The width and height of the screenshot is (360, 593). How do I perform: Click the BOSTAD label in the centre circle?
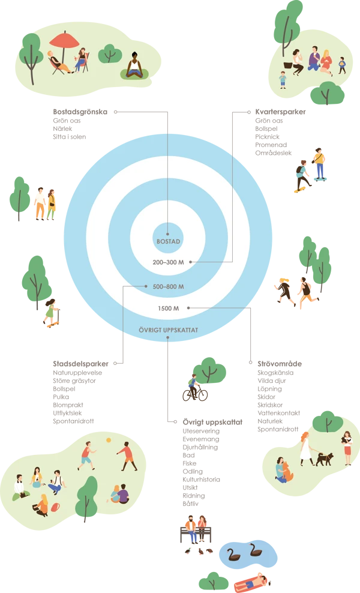(x=168, y=241)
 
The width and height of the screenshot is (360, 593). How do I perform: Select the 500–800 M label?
(x=168, y=286)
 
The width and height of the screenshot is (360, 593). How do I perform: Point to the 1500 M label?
(x=169, y=308)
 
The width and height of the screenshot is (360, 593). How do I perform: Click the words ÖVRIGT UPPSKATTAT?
(x=168, y=330)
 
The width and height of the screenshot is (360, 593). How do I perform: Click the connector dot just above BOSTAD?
(x=168, y=233)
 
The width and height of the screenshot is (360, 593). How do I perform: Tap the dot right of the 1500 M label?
(x=188, y=308)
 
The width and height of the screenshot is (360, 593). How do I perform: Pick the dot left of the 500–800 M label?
(x=146, y=286)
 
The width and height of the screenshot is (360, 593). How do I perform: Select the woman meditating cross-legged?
(x=135, y=67)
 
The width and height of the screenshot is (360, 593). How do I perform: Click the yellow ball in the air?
(x=109, y=441)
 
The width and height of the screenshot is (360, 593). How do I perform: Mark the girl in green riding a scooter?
(x=50, y=312)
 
